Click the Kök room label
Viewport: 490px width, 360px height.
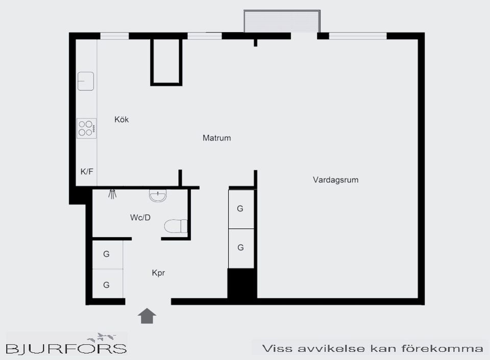coord(121,120)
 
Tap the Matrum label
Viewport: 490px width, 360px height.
coord(216,138)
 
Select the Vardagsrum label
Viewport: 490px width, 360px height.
coord(335,179)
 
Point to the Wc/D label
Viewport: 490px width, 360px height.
coord(140,218)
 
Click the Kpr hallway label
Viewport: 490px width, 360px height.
coord(158,273)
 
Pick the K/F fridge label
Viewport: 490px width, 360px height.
coord(87,171)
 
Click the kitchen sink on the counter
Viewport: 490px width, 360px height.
coord(86,81)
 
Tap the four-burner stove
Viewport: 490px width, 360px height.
coord(86,128)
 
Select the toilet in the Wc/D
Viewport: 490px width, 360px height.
coord(176,226)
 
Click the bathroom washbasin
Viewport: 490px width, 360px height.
coord(158,195)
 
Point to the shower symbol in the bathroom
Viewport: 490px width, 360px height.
coord(113,194)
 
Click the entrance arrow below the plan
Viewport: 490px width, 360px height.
coord(147,316)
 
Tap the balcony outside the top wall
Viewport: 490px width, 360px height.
coord(282,21)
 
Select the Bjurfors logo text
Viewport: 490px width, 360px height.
coord(66,348)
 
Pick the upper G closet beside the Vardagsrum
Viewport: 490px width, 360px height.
coord(240,209)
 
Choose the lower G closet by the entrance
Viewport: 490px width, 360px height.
coord(107,285)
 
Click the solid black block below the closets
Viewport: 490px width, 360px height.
coord(241,284)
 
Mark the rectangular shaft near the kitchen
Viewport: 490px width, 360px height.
coord(166,62)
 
